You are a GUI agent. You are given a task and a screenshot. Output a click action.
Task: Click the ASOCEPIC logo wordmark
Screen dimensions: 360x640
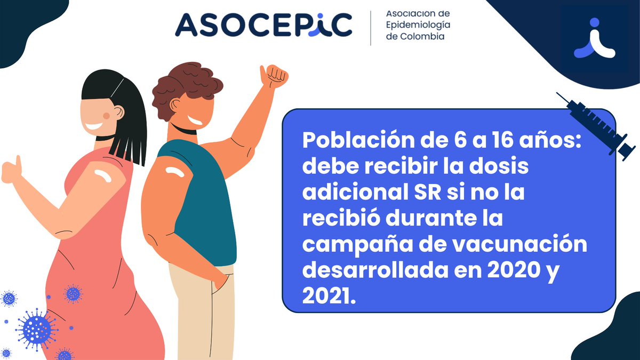[x=263, y=25]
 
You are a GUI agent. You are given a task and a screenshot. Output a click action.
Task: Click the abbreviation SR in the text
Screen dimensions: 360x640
[x=427, y=193]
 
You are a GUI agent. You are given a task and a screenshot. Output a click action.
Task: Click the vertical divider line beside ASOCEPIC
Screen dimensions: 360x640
[x=371, y=28]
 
